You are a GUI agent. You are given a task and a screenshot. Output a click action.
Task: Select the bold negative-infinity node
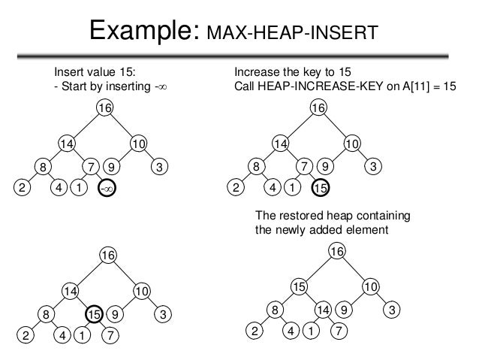click(x=106, y=189)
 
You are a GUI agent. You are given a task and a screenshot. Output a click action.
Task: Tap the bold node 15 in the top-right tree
click(x=321, y=189)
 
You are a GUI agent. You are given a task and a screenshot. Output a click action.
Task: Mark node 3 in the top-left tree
click(x=159, y=167)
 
